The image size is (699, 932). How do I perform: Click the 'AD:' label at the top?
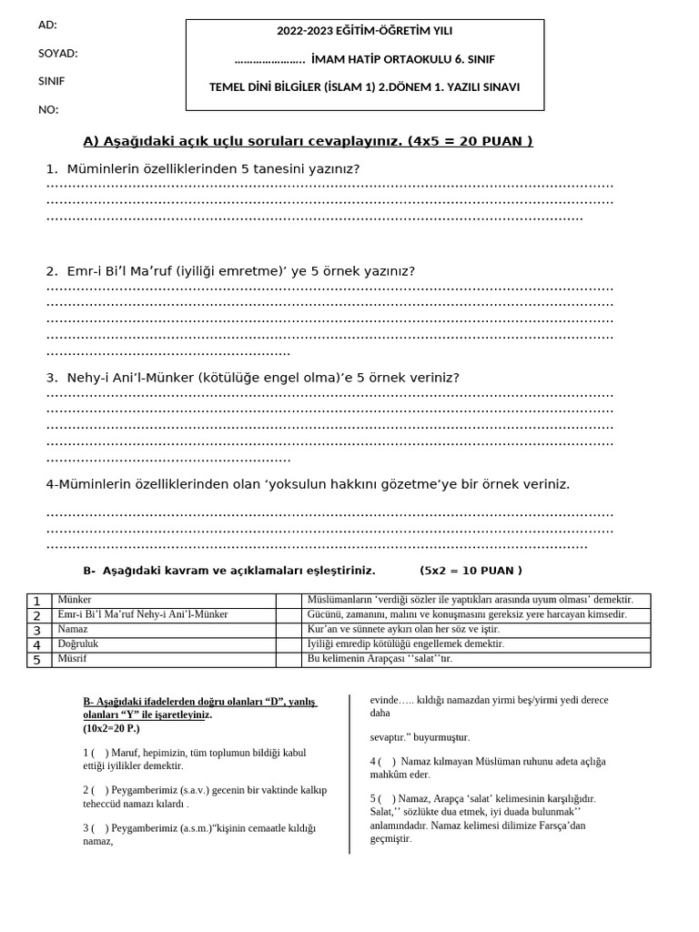tap(47, 25)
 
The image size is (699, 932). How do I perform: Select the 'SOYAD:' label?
tap(57, 54)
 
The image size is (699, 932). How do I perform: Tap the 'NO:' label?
tap(47, 110)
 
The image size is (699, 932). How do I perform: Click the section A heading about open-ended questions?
tap(308, 141)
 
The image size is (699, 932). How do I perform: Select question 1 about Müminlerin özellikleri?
tap(203, 168)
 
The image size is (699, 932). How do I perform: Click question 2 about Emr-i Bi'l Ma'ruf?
tap(230, 271)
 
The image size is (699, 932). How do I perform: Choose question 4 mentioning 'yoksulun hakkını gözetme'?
tap(308, 484)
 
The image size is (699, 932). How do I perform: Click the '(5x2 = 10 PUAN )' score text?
tap(471, 571)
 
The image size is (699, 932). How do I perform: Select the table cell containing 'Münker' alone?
tap(164, 601)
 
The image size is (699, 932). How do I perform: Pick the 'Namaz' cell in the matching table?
tap(164, 630)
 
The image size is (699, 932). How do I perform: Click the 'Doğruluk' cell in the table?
tap(164, 644)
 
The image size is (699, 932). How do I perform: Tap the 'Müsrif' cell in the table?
tap(164, 659)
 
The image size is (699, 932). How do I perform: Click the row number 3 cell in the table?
tap(37, 630)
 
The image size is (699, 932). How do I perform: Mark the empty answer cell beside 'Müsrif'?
tap(289, 659)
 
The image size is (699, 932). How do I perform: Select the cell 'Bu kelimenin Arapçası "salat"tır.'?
tap(476, 659)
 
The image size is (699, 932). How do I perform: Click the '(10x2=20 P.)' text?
tap(112, 729)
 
